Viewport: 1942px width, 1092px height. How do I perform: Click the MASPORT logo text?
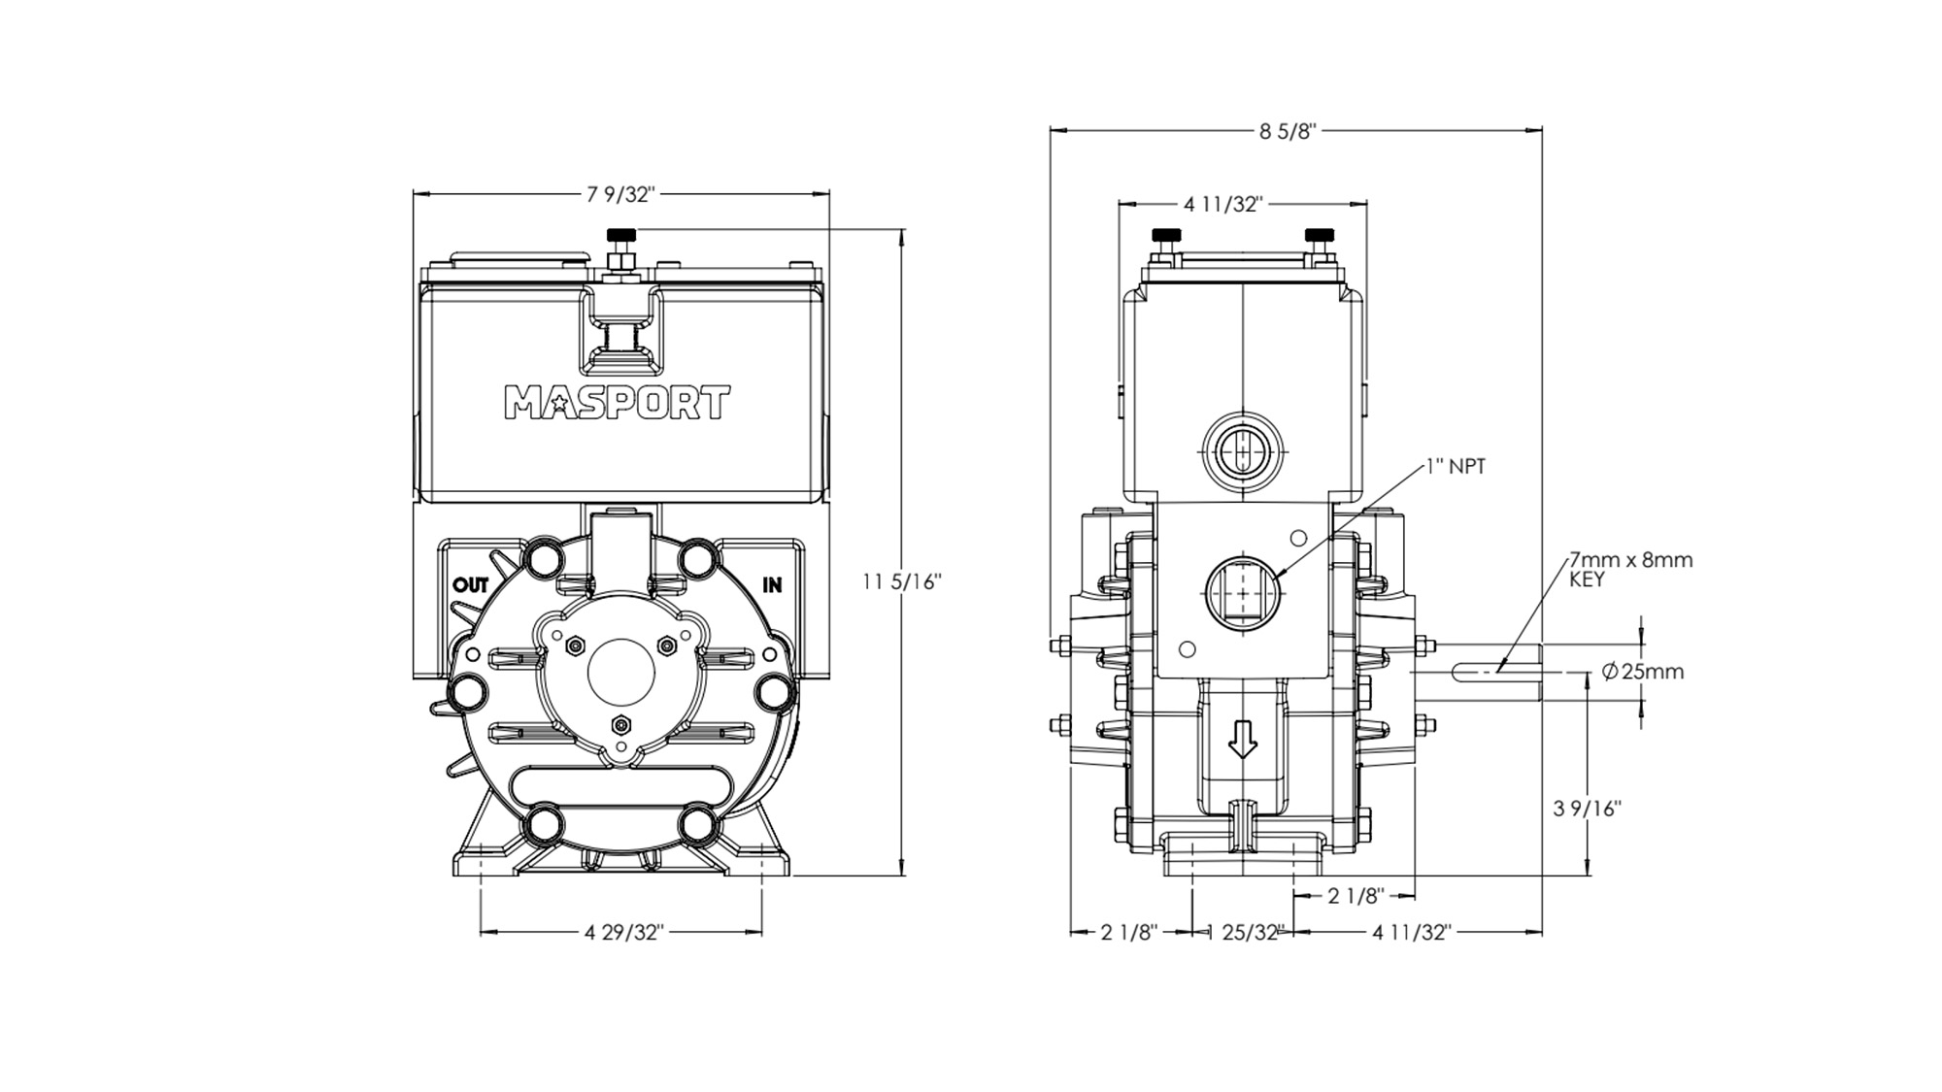tap(617, 402)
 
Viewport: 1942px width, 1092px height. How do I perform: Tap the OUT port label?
tap(471, 585)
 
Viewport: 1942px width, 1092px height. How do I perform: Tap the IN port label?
tap(772, 585)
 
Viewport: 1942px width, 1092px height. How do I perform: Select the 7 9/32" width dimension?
tap(621, 194)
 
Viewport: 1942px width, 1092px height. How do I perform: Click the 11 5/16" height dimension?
tap(902, 581)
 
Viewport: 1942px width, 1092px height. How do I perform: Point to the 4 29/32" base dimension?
tap(623, 933)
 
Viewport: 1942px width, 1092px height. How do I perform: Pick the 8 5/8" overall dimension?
tap(1288, 131)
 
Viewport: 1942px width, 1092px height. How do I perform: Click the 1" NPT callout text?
tap(1456, 467)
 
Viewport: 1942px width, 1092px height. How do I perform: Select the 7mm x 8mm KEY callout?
tap(1630, 570)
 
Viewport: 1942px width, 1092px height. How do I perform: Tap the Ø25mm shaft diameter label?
tap(1643, 672)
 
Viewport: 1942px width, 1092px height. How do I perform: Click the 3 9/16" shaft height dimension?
tap(1587, 809)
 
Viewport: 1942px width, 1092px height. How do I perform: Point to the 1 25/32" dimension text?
tap(1245, 933)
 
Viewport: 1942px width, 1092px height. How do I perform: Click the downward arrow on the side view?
tap(1243, 742)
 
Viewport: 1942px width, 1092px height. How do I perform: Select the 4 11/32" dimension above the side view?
tap(1222, 205)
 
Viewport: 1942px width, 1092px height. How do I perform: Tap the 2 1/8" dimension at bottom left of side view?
tap(1129, 933)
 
